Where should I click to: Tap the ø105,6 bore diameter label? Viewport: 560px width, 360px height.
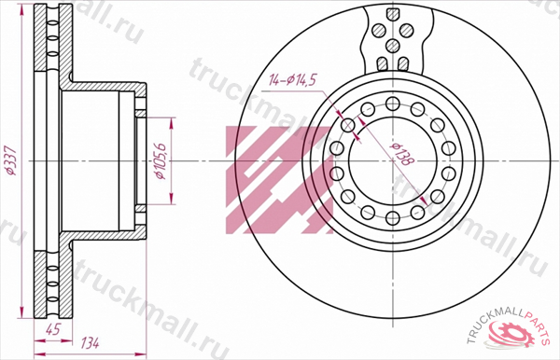[x=159, y=161]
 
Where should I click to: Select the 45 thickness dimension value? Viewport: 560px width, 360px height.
[x=52, y=329]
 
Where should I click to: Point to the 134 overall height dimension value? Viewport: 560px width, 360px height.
[x=90, y=343]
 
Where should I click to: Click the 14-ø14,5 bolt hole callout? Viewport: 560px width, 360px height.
[x=292, y=80]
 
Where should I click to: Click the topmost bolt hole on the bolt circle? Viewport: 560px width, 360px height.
[x=393, y=104]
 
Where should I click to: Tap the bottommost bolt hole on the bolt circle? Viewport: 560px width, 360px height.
[x=393, y=218]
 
